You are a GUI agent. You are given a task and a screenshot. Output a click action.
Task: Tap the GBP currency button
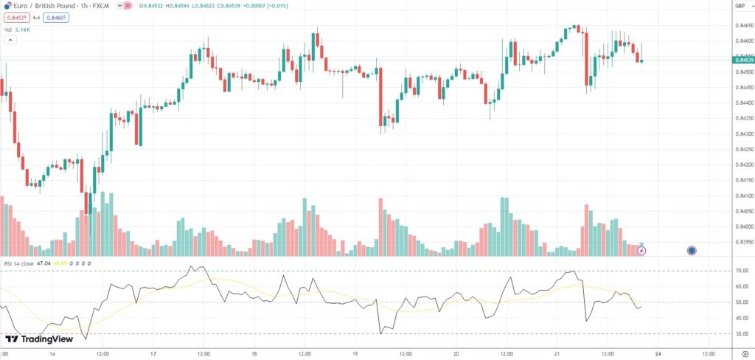click(739, 6)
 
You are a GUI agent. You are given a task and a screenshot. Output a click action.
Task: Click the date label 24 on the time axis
click(658, 353)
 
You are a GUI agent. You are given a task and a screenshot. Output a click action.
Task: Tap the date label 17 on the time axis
click(153, 353)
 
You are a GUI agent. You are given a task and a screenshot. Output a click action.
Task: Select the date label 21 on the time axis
click(558, 353)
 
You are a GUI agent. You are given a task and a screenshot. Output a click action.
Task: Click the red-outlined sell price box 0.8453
click(16, 17)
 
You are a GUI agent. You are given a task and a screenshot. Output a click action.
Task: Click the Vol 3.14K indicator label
click(18, 30)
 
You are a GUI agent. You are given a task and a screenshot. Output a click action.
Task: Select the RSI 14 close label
click(18, 263)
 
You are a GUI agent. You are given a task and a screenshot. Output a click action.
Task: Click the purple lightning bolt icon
click(641, 251)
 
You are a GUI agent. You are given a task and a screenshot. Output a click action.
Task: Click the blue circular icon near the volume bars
click(692, 251)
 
